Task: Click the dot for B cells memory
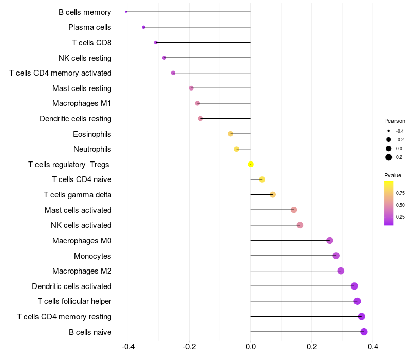(126, 12)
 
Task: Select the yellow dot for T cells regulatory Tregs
(251, 164)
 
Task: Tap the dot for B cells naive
(364, 332)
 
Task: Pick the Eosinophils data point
(230, 134)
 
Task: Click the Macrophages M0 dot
(330, 240)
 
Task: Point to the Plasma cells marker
(143, 27)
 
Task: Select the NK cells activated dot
(300, 225)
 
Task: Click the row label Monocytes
(92, 256)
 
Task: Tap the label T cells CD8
(92, 43)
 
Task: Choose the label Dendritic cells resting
(76, 119)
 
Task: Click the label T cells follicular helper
(74, 301)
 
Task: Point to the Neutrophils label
(92, 149)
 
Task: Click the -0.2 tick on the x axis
(189, 347)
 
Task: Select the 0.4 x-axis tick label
(373, 347)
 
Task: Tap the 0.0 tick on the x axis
(251, 347)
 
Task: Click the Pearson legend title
(395, 121)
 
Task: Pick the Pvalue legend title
(393, 175)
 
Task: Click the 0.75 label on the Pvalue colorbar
(400, 193)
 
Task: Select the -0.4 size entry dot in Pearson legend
(389, 131)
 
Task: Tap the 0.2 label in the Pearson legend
(399, 157)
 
